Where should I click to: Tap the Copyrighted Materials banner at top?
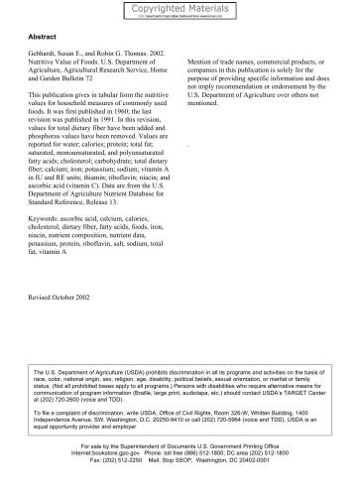point(180,8)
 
